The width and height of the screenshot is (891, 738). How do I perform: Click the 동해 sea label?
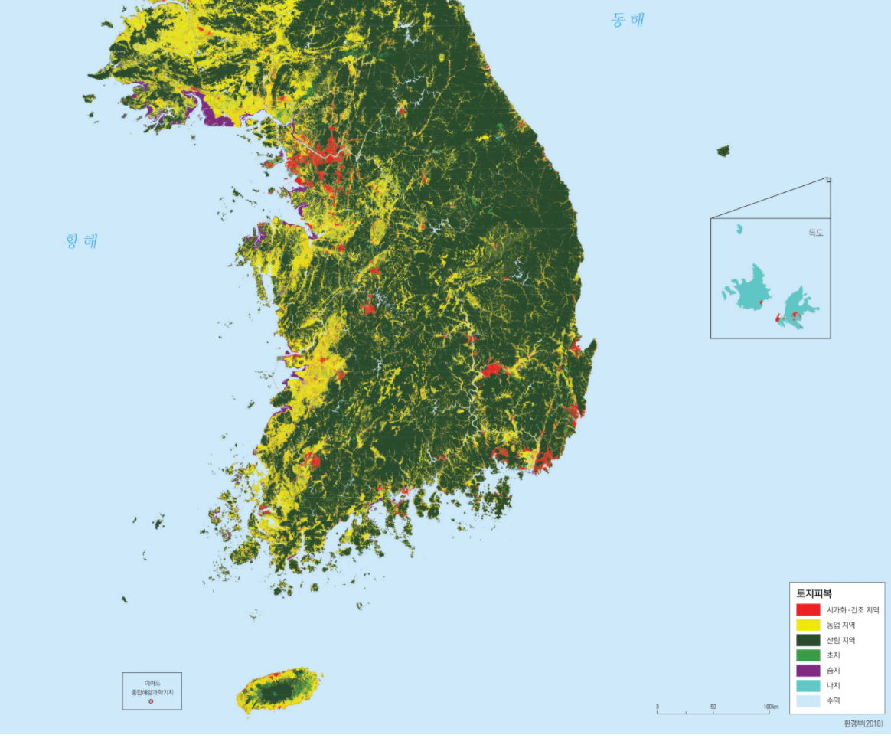tap(627, 21)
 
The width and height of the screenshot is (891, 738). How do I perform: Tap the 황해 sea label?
tap(81, 242)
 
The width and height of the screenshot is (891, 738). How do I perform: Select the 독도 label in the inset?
tap(815, 233)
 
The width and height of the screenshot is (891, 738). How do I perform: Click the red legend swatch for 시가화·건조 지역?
tap(808, 610)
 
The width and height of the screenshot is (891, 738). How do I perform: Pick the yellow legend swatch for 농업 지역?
tap(808, 625)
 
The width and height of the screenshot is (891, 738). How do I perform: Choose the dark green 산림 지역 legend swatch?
tap(808, 640)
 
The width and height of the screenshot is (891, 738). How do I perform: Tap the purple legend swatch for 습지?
tap(808, 671)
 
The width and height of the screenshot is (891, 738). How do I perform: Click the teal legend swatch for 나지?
tap(808, 685)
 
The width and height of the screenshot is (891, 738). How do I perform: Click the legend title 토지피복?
tap(814, 593)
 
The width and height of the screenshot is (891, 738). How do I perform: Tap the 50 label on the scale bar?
tap(713, 707)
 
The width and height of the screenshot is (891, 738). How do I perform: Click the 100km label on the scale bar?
tap(770, 707)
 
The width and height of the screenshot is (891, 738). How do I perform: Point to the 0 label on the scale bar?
tap(658, 707)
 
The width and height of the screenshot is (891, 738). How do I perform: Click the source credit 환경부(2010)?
tap(863, 723)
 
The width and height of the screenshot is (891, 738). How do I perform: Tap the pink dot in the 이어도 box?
tap(151, 701)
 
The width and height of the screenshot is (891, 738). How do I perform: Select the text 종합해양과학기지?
tap(152, 691)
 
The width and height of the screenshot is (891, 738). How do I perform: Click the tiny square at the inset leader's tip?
tap(828, 181)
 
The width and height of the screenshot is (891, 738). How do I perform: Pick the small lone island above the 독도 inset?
tap(723, 151)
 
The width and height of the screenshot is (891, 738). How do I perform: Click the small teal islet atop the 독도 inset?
tap(739, 229)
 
